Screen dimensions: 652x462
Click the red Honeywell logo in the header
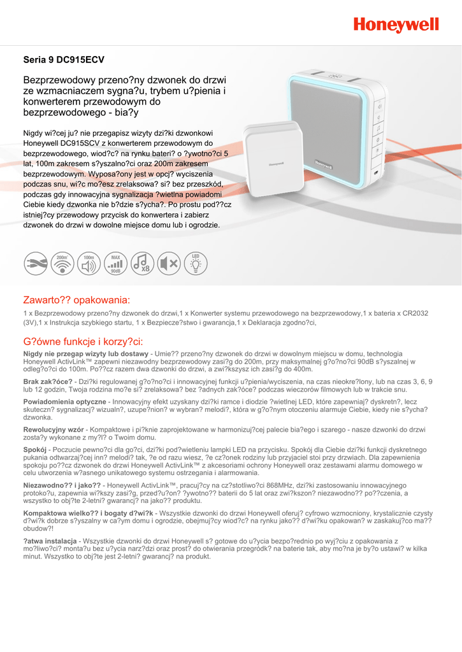tap(396, 25)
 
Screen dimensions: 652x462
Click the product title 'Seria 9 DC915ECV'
tap(64, 60)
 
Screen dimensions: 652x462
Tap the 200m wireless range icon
tap(62, 263)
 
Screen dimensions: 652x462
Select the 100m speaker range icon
tap(89, 263)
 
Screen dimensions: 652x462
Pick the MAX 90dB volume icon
tap(115, 263)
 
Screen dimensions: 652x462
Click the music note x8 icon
tap(142, 263)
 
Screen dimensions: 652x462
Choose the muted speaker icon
tap(169, 263)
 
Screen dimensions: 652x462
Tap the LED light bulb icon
tap(196, 263)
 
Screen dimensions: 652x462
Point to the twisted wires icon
tap(36, 263)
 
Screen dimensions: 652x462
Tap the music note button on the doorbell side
tap(378, 129)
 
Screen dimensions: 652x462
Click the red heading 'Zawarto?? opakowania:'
tap(76, 299)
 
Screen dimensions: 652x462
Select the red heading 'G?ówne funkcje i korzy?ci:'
tap(83, 341)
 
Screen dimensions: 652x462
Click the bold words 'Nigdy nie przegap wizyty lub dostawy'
tap(85, 353)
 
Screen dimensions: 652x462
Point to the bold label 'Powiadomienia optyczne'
tap(64, 402)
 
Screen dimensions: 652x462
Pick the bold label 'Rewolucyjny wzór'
tap(54, 430)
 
